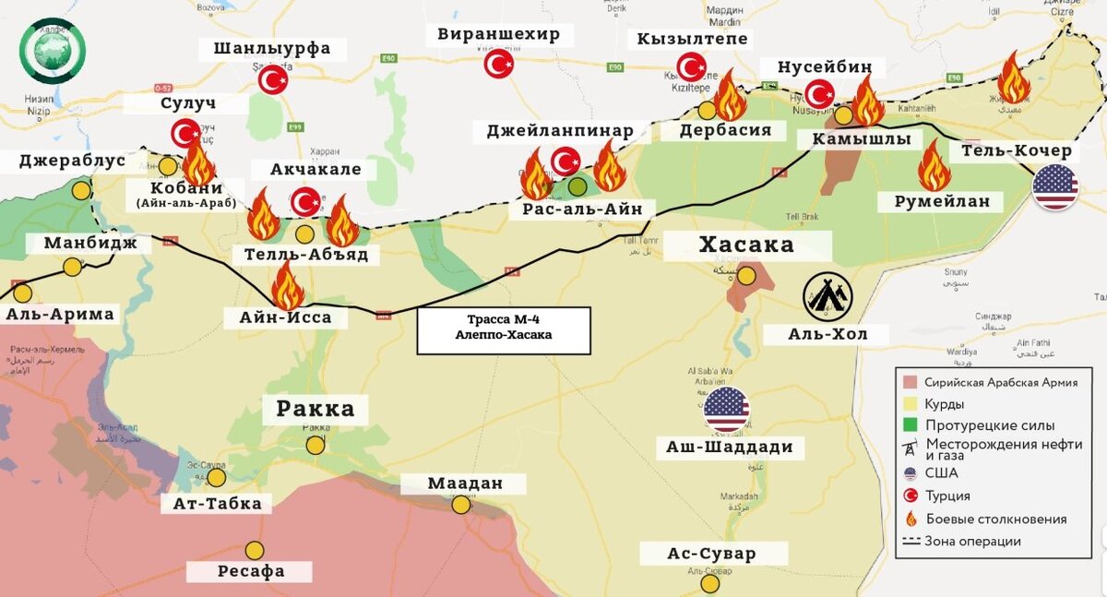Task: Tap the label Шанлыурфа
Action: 271,49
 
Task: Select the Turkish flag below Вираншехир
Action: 499,64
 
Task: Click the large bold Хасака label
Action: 746,245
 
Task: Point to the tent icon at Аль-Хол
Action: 827,296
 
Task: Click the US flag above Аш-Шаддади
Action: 727,410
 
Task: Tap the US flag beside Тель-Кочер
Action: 1055,187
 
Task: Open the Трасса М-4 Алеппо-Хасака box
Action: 503,330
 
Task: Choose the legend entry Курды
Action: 945,404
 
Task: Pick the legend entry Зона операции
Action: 972,542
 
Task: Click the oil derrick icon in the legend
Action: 911,448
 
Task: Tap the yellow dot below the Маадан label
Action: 461,506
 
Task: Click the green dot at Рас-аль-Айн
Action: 577,187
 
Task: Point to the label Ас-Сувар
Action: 711,554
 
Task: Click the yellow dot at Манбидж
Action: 72,268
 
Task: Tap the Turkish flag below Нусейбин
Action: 819,93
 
